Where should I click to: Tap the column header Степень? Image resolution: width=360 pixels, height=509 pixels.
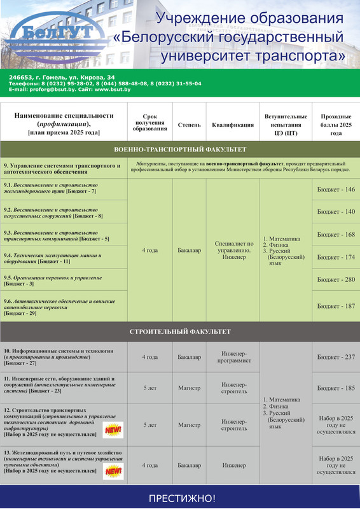(x=189, y=125)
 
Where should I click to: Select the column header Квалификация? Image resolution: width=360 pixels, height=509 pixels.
(x=232, y=125)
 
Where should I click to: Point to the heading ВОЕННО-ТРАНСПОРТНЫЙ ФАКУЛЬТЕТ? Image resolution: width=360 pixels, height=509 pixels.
(x=180, y=150)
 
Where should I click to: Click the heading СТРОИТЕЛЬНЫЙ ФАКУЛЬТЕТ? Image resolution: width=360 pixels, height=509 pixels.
(x=180, y=331)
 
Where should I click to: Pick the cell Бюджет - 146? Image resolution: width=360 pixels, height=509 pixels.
(x=336, y=190)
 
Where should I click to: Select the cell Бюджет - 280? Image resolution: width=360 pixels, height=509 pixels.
(x=336, y=279)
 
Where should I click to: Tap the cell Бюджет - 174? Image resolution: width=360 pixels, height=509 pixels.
(x=336, y=257)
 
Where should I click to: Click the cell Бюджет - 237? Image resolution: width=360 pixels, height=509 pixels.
(x=336, y=357)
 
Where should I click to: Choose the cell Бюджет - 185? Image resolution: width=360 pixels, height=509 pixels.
(x=336, y=387)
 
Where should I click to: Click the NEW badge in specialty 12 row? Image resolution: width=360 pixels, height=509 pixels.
(x=113, y=431)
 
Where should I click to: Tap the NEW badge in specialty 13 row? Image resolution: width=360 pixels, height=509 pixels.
(x=113, y=471)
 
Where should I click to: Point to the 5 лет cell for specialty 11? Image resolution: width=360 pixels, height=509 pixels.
(x=150, y=387)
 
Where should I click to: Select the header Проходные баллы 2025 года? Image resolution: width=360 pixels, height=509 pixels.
(x=336, y=125)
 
